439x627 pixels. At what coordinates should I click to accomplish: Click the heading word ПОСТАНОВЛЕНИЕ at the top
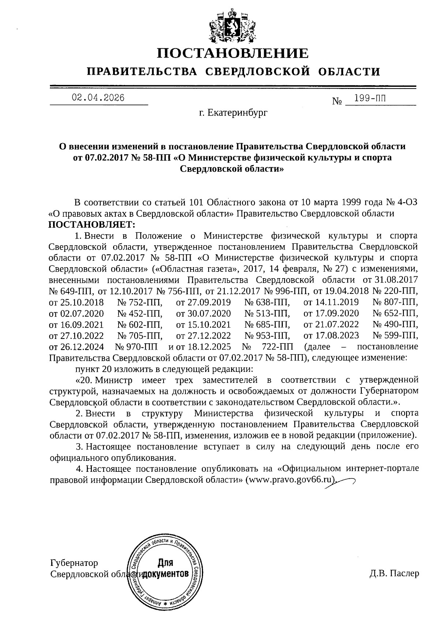233,53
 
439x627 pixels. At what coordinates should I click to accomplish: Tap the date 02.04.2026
98,98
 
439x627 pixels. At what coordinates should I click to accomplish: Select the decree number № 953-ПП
267,336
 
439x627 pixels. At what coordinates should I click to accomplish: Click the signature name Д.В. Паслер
394,574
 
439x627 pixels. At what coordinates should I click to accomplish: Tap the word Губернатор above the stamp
74,563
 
